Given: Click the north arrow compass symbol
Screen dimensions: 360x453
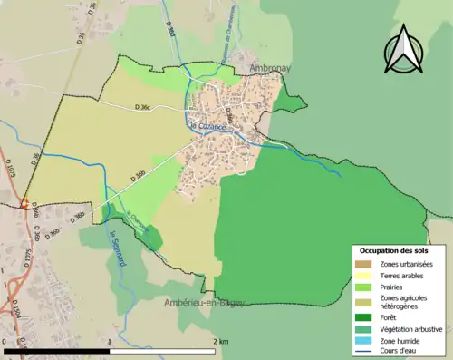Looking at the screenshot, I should [403, 49].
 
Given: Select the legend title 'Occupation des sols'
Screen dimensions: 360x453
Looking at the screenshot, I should [394, 250].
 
